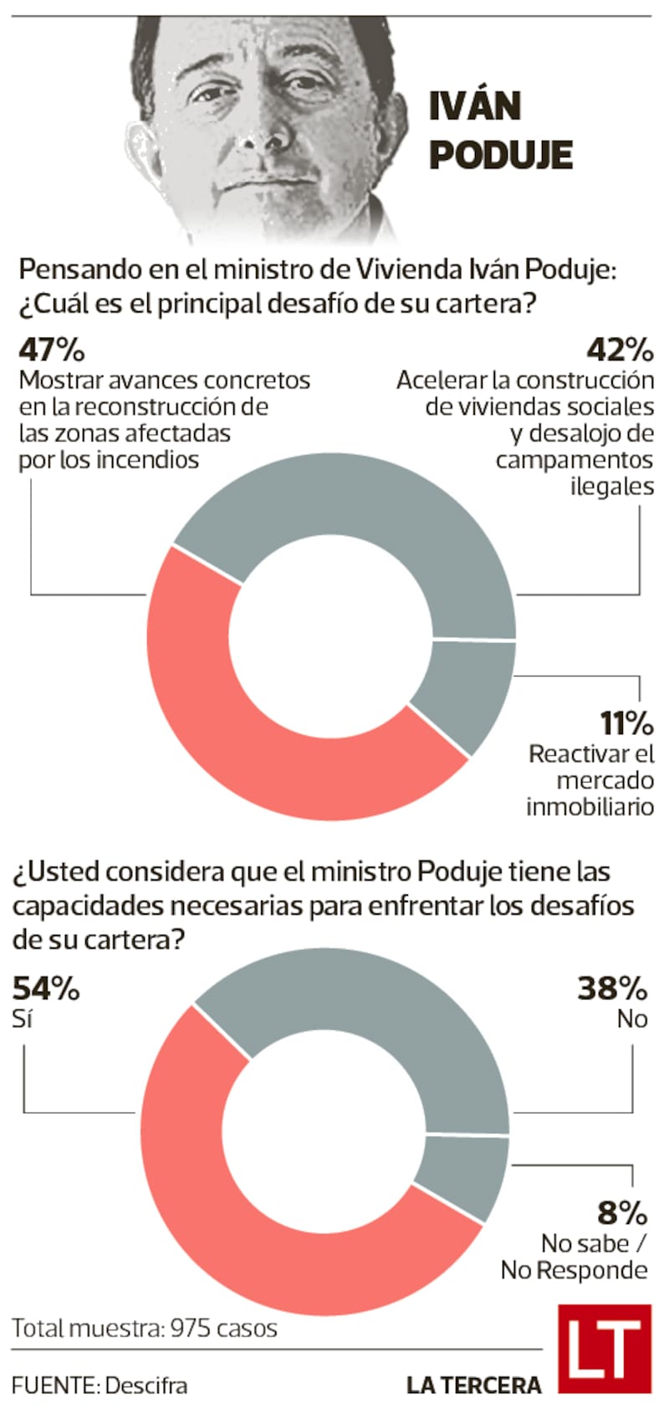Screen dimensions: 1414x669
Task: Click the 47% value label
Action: pyautogui.click(x=52, y=349)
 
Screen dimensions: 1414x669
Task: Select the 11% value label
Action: pyautogui.click(x=626, y=722)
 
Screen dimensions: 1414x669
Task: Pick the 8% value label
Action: pyautogui.click(x=622, y=1212)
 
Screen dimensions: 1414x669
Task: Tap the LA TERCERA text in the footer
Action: pyautogui.click(x=473, y=1386)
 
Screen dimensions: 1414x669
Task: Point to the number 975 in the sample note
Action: pyautogui.click(x=191, y=1328)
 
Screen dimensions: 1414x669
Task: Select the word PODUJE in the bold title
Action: pyautogui.click(x=501, y=155)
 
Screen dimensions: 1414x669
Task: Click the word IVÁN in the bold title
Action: pyautogui.click(x=474, y=106)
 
